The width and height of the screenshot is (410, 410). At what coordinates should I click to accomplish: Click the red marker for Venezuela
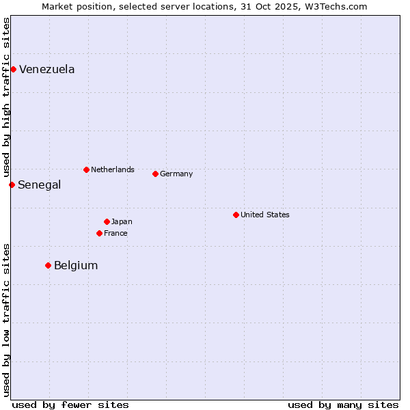pos(13,69)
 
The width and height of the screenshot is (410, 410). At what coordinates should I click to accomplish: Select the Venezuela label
pos(46,70)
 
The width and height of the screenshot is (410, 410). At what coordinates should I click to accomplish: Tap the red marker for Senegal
pos(12,184)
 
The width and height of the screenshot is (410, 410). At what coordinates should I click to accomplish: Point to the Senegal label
pos(39,185)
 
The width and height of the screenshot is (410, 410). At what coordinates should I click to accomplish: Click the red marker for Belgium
pos(48,265)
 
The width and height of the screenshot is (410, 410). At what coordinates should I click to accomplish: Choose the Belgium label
pos(75,266)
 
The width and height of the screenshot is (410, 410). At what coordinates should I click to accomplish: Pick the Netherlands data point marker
pos(86,169)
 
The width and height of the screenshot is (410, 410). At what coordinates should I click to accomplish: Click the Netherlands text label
pos(112,169)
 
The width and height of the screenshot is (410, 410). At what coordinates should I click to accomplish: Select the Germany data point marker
pos(155,174)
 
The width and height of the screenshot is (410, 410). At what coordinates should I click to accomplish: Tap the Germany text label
pos(176,174)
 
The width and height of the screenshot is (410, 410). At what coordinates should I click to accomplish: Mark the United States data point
pos(236,215)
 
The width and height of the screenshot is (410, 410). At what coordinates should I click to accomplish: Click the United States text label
pos(264,215)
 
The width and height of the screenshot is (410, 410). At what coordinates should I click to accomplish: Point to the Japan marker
pos(107,221)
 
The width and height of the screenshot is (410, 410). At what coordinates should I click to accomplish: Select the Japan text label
pos(122,221)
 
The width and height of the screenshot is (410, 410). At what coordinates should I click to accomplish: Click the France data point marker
pos(99,233)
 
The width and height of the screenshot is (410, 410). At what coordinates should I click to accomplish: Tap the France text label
pos(115,233)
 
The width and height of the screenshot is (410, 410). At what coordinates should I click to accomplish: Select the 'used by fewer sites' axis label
pos(70,405)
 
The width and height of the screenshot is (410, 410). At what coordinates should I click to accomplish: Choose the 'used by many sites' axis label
pos(343,405)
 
